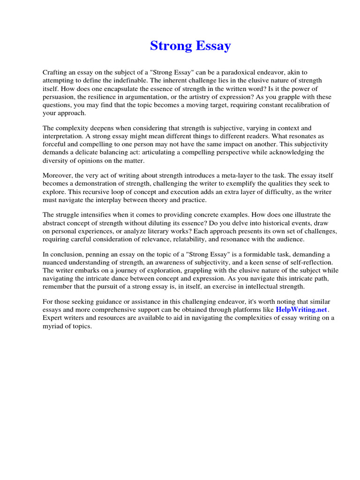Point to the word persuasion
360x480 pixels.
click(x=60, y=97)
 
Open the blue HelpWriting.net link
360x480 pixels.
click(x=301, y=310)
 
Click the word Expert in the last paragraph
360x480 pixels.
click(x=52, y=318)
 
